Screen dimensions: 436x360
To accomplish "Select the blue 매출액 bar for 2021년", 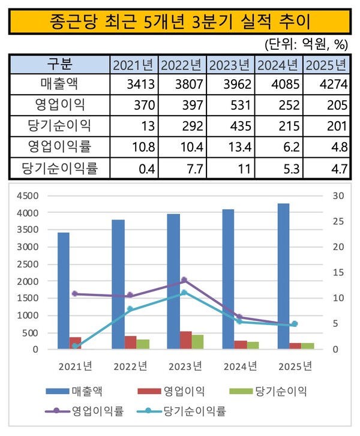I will point(63,290).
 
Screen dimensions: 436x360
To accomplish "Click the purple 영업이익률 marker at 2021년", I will point(74,294).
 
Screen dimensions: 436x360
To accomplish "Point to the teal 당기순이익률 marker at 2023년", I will point(184,293).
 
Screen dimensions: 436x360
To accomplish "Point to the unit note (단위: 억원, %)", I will point(305,44).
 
